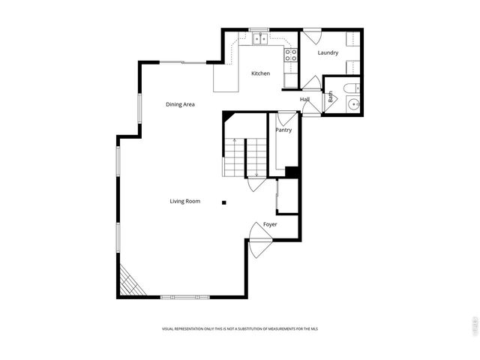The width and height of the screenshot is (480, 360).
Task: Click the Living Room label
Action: (x=184, y=201)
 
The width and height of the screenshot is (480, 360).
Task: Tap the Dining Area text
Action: (x=180, y=104)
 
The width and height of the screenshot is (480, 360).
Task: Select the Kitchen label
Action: (x=260, y=73)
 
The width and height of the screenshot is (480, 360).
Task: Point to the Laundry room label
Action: (x=328, y=53)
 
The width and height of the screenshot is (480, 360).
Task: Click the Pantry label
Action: (x=283, y=130)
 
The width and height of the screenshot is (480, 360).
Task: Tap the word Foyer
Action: (x=270, y=224)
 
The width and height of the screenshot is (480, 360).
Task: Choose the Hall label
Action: (x=304, y=100)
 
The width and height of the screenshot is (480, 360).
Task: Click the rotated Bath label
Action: (x=329, y=97)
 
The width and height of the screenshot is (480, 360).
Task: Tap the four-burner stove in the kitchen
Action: (x=290, y=54)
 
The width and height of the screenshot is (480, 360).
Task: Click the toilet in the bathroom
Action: (x=351, y=88)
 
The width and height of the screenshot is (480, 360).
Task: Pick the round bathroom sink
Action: (x=353, y=104)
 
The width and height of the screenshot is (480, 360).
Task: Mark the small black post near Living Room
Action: (x=223, y=202)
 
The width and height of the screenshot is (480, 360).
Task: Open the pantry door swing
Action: (x=286, y=118)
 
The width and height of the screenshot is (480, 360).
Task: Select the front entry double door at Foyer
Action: (x=260, y=240)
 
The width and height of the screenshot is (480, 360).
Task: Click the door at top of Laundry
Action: (x=312, y=34)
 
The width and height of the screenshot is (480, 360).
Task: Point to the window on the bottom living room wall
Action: (x=184, y=297)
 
